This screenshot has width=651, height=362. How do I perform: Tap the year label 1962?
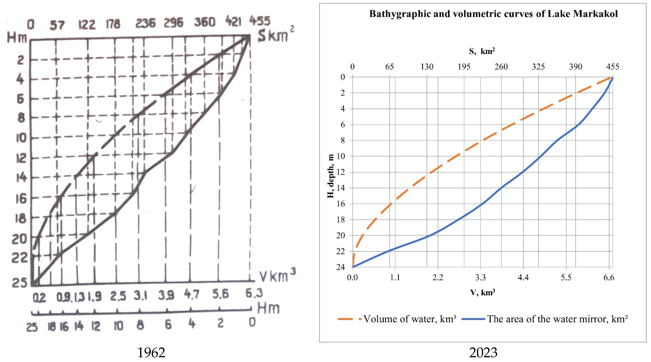[151, 353]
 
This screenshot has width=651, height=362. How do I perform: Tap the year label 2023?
[483, 353]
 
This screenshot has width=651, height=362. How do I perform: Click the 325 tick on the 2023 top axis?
[538, 67]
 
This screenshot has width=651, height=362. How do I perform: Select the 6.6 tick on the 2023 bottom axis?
[609, 278]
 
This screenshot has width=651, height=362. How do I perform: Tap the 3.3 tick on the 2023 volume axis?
[480, 278]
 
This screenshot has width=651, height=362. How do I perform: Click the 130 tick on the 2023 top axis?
[427, 67]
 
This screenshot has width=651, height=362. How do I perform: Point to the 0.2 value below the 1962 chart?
[39, 298]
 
